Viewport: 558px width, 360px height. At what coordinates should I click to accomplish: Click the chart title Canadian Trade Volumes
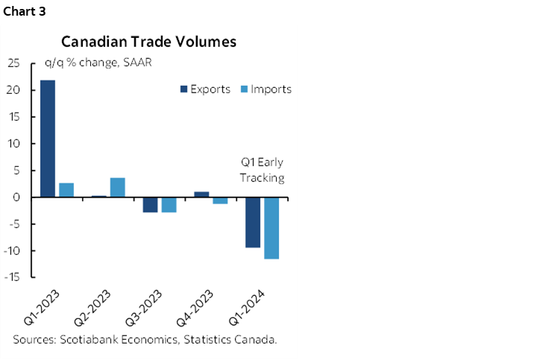tap(148, 42)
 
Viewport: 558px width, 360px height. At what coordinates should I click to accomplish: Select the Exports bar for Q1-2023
tap(47, 139)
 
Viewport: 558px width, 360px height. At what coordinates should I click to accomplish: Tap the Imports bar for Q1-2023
tap(66, 190)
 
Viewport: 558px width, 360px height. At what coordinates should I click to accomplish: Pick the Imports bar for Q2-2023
tap(118, 187)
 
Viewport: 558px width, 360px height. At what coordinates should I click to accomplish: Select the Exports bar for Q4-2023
tap(201, 195)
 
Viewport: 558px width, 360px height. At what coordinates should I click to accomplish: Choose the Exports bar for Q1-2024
tap(253, 222)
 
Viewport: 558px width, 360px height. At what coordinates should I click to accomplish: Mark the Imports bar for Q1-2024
tap(271, 228)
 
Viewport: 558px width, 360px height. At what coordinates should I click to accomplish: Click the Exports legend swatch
tap(184, 89)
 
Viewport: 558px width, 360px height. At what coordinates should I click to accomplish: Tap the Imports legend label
tap(271, 89)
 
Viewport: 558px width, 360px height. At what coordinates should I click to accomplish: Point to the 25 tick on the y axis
tap(13, 63)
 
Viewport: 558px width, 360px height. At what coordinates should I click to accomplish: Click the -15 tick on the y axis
tap(12, 277)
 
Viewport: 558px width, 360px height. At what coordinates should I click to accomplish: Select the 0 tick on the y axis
tap(16, 198)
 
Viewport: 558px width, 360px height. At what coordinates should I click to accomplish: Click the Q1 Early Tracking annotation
tap(262, 170)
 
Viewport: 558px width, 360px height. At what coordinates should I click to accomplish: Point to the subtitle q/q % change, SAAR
tap(98, 63)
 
